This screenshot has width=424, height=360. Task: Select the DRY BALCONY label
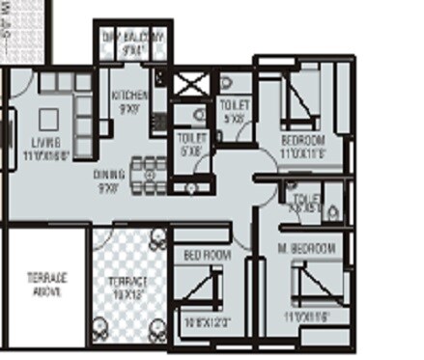coord(134,37)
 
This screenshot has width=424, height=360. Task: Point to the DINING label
coord(108,175)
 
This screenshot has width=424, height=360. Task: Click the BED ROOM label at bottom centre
coord(207,255)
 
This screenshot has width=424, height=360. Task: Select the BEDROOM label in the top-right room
coord(302,141)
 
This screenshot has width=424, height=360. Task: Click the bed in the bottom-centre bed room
coord(207,290)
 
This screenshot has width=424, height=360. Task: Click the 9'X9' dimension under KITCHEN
coord(129,108)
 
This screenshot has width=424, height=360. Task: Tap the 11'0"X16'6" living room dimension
coord(35,153)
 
